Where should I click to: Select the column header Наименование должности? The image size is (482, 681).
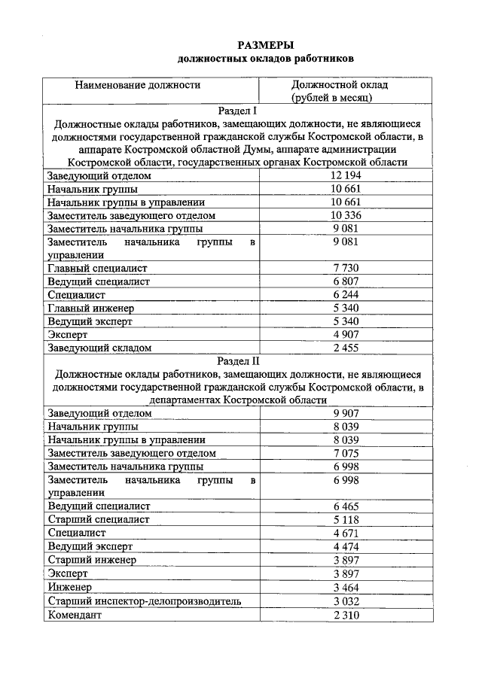[x=138, y=85]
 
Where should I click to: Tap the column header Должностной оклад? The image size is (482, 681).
[x=340, y=85]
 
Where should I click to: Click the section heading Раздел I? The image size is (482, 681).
[x=238, y=110]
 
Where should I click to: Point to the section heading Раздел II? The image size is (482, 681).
[x=238, y=360]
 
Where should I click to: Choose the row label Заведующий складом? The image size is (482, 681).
[x=99, y=348]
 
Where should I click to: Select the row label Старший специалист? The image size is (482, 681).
[x=98, y=519]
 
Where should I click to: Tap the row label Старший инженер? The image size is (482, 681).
[x=92, y=559]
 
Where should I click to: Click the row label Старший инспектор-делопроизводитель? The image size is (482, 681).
[x=144, y=601]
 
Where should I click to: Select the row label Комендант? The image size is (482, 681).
[x=74, y=615]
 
